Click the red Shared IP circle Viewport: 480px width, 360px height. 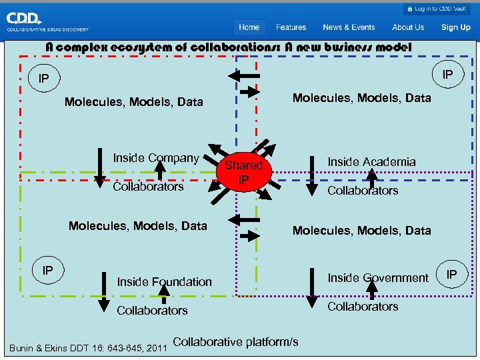(x=244, y=172)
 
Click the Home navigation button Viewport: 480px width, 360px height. (x=249, y=27)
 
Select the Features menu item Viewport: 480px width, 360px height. (x=291, y=27)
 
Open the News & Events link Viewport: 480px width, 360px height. (x=349, y=27)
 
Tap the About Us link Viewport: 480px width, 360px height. (x=408, y=27)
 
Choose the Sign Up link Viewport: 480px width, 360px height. (x=456, y=27)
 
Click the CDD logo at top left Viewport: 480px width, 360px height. (x=47, y=24)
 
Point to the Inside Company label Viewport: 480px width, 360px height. (x=156, y=158)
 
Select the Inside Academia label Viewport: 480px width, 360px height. (x=371, y=162)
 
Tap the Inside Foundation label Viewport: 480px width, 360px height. (x=164, y=282)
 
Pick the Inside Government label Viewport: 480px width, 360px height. (x=378, y=277)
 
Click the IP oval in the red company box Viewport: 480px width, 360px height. (x=43, y=79)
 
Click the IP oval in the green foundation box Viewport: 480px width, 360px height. (x=48, y=271)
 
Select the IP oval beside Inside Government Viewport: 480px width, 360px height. (x=452, y=274)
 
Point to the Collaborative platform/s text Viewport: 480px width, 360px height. (x=235, y=342)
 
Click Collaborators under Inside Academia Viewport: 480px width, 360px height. (x=363, y=191)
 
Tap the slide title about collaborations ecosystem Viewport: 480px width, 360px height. (x=228, y=47)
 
